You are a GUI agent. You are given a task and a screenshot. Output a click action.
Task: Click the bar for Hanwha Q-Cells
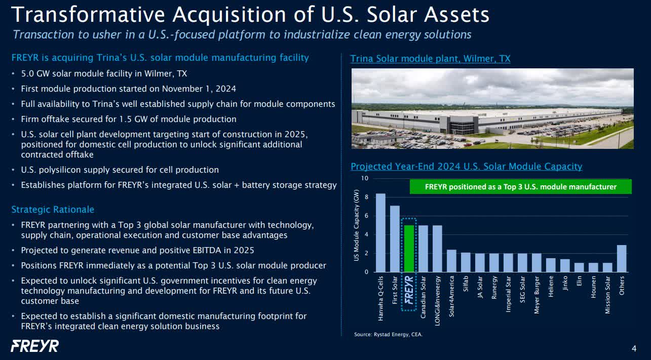(380, 233)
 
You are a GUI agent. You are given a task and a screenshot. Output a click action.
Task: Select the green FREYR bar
(409, 249)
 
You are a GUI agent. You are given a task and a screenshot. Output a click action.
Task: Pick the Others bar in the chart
(622, 259)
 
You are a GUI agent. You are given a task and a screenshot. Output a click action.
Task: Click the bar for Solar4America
(451, 261)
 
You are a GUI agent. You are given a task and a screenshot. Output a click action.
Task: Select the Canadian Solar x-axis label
(423, 297)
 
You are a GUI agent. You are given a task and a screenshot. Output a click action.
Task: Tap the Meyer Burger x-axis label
(537, 295)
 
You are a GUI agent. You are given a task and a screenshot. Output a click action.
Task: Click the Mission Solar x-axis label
(607, 295)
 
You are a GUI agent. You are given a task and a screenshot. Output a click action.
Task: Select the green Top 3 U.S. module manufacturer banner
(520, 187)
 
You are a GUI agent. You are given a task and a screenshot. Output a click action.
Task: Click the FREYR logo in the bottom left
(35, 346)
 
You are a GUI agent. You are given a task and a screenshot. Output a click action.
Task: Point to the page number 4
(634, 348)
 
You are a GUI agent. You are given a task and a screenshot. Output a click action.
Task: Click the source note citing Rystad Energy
(388, 334)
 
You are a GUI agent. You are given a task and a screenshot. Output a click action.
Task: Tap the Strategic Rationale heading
(53, 210)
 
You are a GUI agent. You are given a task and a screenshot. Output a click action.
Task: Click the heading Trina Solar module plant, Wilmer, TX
(430, 59)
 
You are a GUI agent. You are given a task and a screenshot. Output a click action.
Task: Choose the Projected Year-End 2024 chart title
(466, 166)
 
